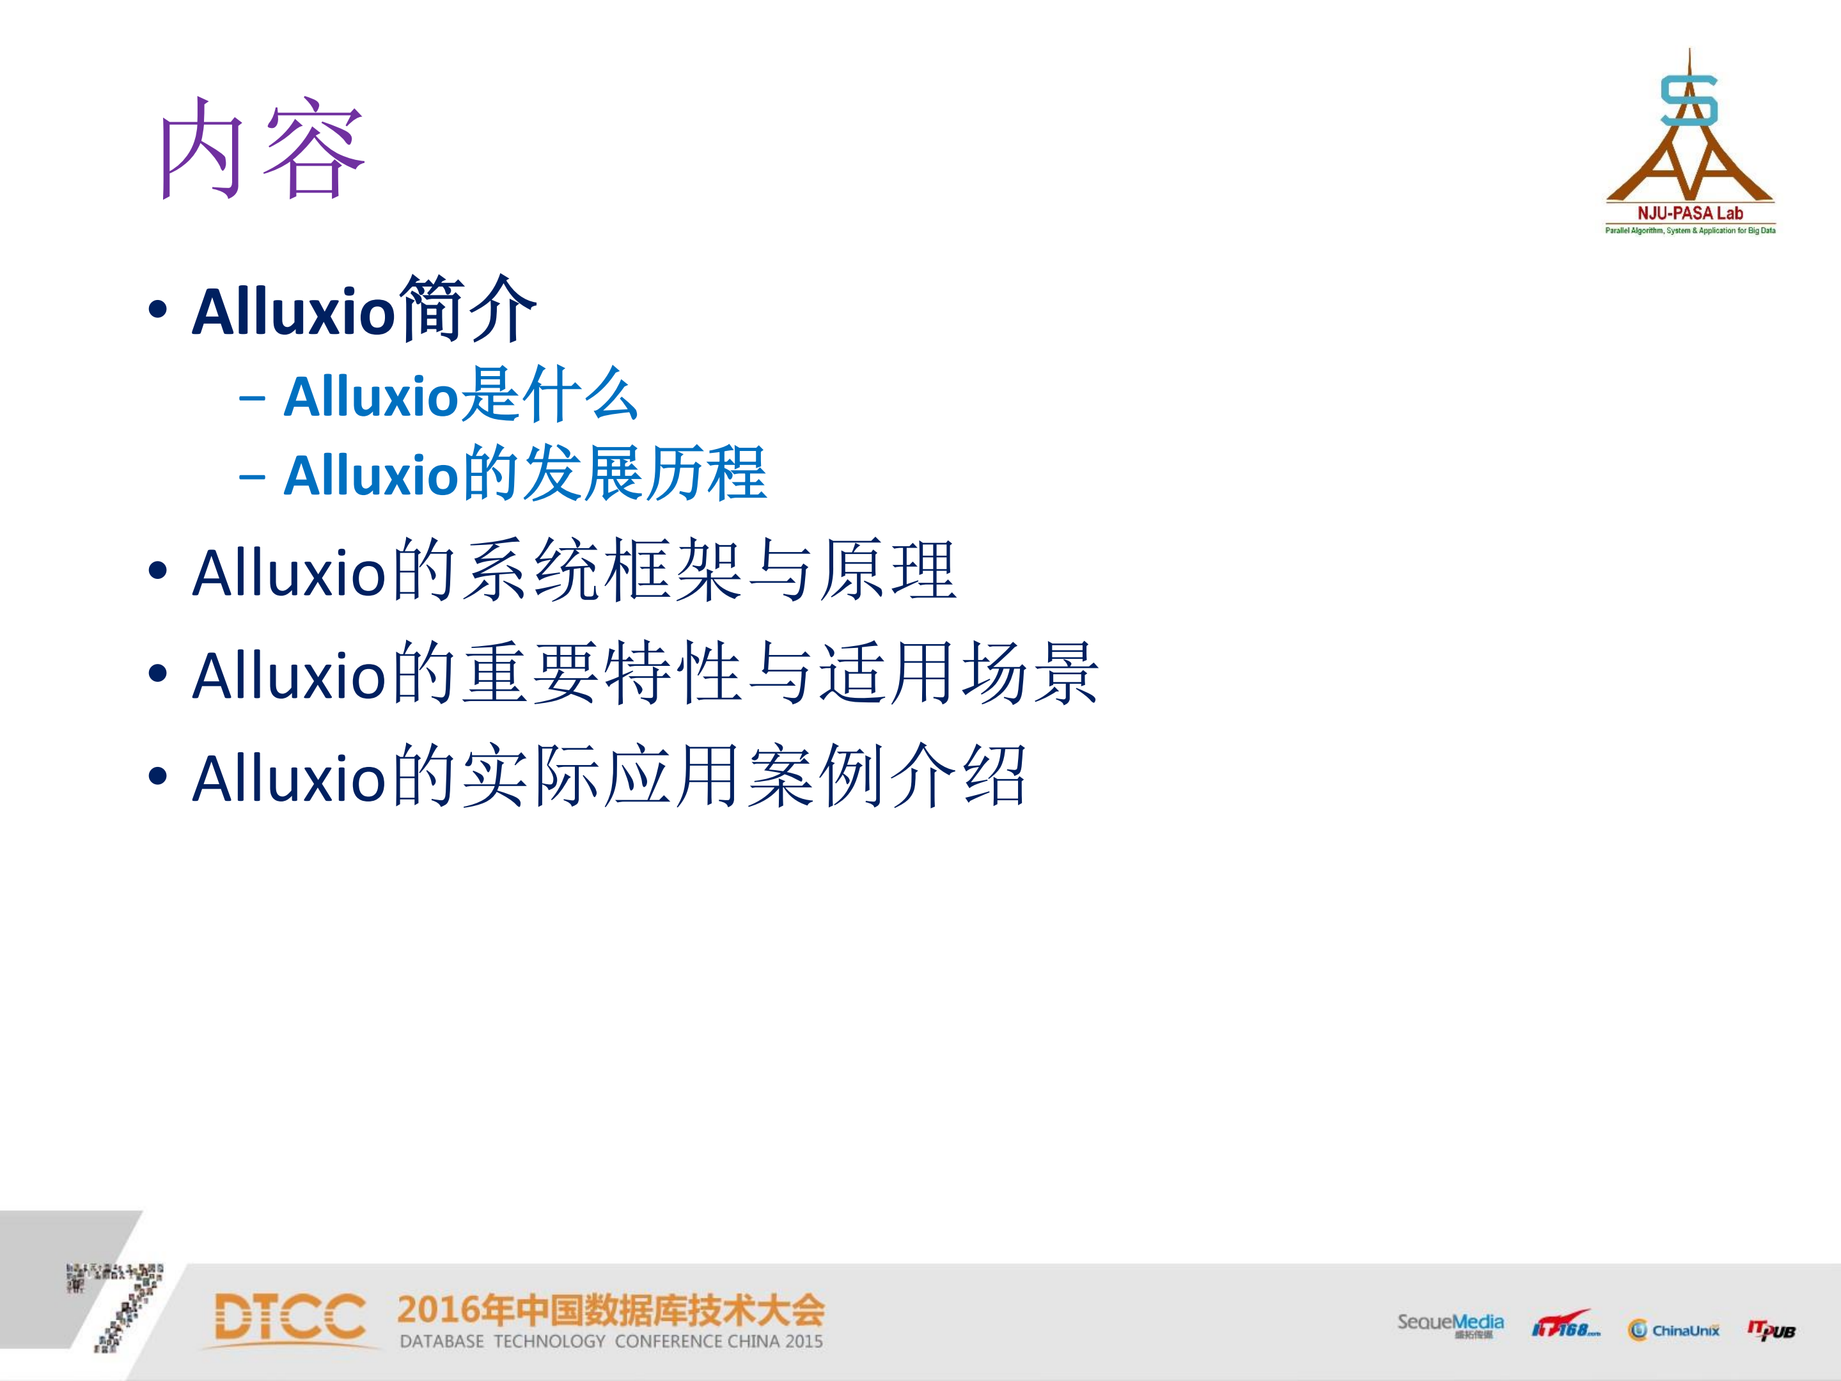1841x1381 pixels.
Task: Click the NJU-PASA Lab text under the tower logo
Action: coord(1689,213)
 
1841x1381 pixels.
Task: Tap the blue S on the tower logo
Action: coord(1689,100)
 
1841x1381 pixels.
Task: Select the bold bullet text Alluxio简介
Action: coord(364,310)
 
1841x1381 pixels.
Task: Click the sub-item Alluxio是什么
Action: coord(460,395)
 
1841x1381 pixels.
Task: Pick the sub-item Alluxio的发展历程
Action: coord(524,475)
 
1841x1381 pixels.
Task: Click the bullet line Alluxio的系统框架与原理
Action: coord(574,572)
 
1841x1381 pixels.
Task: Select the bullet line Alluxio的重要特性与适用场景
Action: coord(645,674)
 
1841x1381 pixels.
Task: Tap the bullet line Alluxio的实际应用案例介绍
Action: coord(609,777)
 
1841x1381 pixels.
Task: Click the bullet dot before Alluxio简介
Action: coord(157,310)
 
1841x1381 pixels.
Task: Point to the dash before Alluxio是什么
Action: coord(251,398)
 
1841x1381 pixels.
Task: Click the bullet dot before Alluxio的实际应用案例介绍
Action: coord(157,777)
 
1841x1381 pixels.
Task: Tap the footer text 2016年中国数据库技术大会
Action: coord(610,1310)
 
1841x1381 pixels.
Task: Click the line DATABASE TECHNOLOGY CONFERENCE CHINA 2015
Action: coord(611,1341)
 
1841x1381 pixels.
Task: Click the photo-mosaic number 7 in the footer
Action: coord(121,1306)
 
